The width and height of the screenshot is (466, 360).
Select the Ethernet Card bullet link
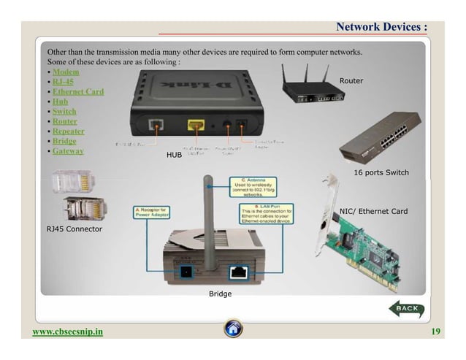click(x=77, y=92)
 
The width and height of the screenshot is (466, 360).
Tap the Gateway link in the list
click(x=68, y=151)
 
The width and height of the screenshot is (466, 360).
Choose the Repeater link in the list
click(x=68, y=131)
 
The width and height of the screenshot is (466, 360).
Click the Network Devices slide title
click(x=381, y=27)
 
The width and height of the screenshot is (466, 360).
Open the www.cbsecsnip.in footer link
click(x=68, y=332)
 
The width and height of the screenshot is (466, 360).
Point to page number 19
click(x=435, y=332)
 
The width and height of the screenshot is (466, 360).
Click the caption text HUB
click(x=174, y=156)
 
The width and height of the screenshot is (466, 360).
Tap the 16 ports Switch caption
click(x=381, y=172)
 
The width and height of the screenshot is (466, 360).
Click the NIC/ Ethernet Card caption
click(x=373, y=212)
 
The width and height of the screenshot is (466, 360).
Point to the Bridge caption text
click(x=220, y=294)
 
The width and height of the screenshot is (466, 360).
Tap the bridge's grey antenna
click(x=209, y=219)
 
